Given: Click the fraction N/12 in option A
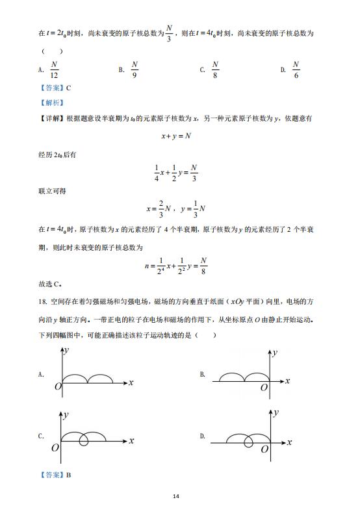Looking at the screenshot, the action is (54, 69).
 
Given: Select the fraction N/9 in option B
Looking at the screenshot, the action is (135, 69).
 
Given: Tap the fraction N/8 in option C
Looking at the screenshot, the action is (216, 69).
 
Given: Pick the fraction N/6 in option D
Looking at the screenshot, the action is (296, 69).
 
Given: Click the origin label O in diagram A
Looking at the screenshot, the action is (58, 387).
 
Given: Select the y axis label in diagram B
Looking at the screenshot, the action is (275, 353).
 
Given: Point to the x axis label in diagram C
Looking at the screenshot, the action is (131, 441).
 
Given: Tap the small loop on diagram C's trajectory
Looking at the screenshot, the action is (83, 440).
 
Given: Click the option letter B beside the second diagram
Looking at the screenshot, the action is (203, 375).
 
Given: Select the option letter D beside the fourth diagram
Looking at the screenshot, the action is (203, 436).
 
